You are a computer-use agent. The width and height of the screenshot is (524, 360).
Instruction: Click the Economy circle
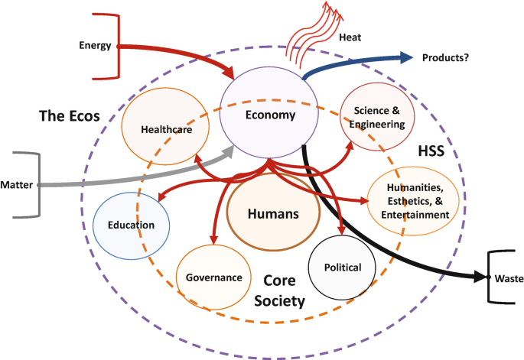[269, 115]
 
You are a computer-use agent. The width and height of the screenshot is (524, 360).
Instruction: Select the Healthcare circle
[165, 130]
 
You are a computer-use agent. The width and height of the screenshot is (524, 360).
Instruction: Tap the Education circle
[131, 225]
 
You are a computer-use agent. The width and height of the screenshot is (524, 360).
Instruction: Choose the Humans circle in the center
[272, 215]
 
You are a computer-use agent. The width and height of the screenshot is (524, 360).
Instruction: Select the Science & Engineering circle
[378, 115]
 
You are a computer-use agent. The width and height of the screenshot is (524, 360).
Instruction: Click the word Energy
[96, 46]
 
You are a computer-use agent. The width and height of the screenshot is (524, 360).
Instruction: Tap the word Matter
[17, 185]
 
